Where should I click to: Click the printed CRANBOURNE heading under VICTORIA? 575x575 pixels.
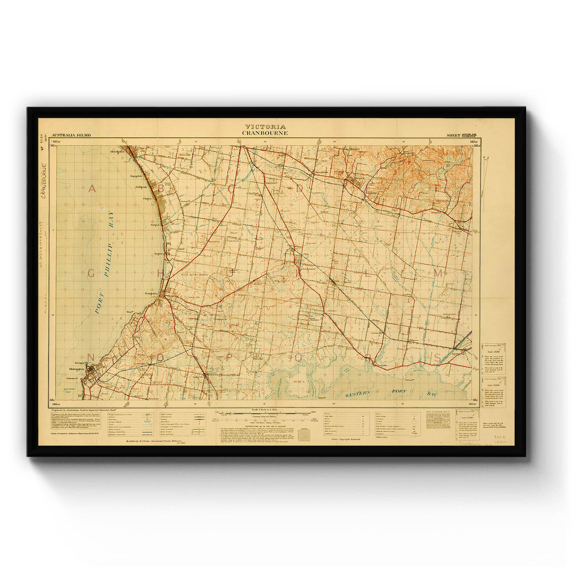(265, 133)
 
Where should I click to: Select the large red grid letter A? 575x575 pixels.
(92, 189)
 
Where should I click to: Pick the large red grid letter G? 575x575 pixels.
(91, 274)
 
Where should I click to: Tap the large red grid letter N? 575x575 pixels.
(91, 357)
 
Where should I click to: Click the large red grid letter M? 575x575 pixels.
(437, 273)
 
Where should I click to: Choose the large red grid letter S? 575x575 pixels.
(437, 357)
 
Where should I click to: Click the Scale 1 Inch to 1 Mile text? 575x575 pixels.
(265, 411)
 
